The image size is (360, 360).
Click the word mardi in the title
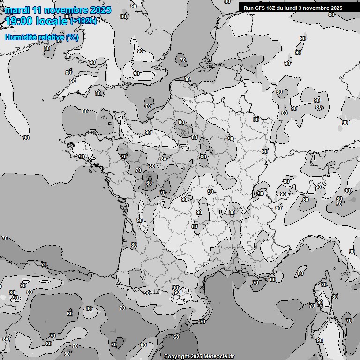pyautogui.click(x=17, y=10)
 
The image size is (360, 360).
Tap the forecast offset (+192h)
pyautogui.click(x=83, y=21)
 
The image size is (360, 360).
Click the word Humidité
pyautogui.click(x=20, y=37)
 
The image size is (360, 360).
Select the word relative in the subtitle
pyautogui.click(x=51, y=37)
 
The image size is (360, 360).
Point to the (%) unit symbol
pyautogui.click(x=72, y=37)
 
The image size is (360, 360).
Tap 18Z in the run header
pyautogui.click(x=275, y=8)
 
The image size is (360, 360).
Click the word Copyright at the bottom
pyautogui.click(x=176, y=357)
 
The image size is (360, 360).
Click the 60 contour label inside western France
pyautogui.click(x=149, y=183)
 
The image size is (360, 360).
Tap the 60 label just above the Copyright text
pyautogui.click(x=176, y=337)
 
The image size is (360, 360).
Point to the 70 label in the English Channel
pyautogui.click(x=148, y=106)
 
